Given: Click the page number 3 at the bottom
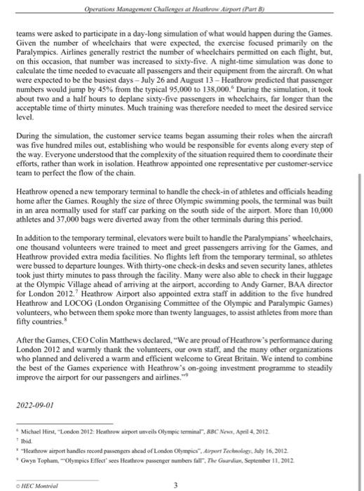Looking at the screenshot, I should click(x=181, y=480).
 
